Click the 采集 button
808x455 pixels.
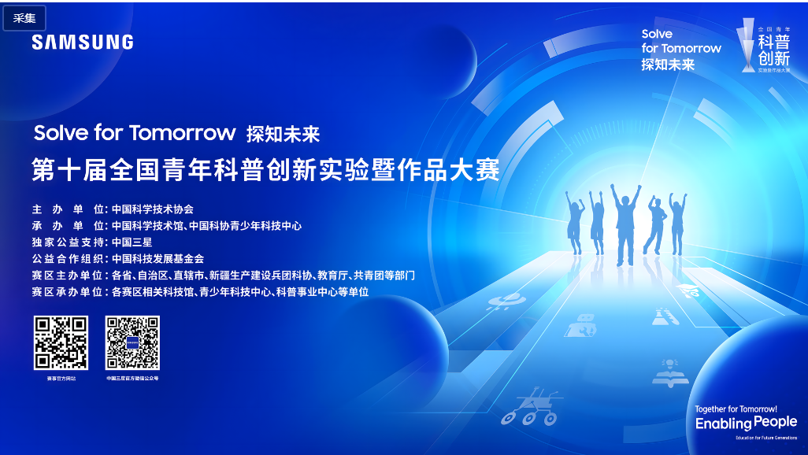coord(24,18)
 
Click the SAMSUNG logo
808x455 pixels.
coord(83,43)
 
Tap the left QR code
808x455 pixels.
coord(61,342)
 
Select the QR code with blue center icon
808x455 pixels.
coord(133,342)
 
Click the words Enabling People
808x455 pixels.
coord(746,424)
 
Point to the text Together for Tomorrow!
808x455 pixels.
coord(736,409)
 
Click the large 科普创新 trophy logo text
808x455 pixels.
coord(773,50)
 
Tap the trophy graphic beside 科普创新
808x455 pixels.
coord(746,46)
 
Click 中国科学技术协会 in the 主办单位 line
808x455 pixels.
coord(153,209)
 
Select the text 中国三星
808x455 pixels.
coord(132,242)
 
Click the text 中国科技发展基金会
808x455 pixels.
coord(158,259)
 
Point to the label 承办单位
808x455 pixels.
coord(68,226)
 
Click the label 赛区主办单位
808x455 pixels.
coord(68,276)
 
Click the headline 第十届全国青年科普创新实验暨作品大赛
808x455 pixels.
coord(265,169)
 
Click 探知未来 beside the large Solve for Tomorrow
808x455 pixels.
coord(283,134)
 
